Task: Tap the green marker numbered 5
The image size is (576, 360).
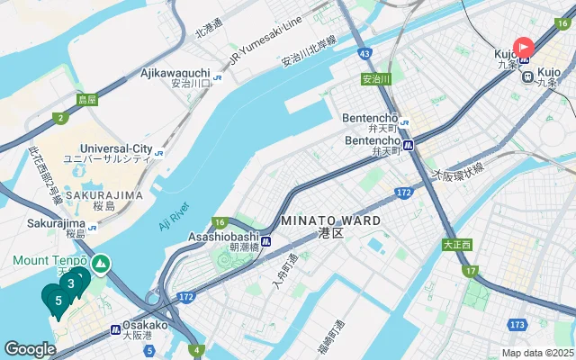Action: click(x=58, y=301)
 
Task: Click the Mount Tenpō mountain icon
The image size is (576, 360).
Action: click(x=101, y=263)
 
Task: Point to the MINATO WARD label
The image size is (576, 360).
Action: click(x=330, y=220)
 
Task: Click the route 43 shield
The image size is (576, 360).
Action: click(x=364, y=55)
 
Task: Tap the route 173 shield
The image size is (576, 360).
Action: click(x=516, y=324)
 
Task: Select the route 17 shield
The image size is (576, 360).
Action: click(x=472, y=270)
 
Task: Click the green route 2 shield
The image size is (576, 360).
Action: click(x=60, y=118)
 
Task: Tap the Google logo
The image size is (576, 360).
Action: click(x=30, y=348)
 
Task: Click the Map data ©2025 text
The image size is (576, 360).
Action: click(x=537, y=353)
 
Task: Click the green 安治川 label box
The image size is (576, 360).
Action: click(x=376, y=79)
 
